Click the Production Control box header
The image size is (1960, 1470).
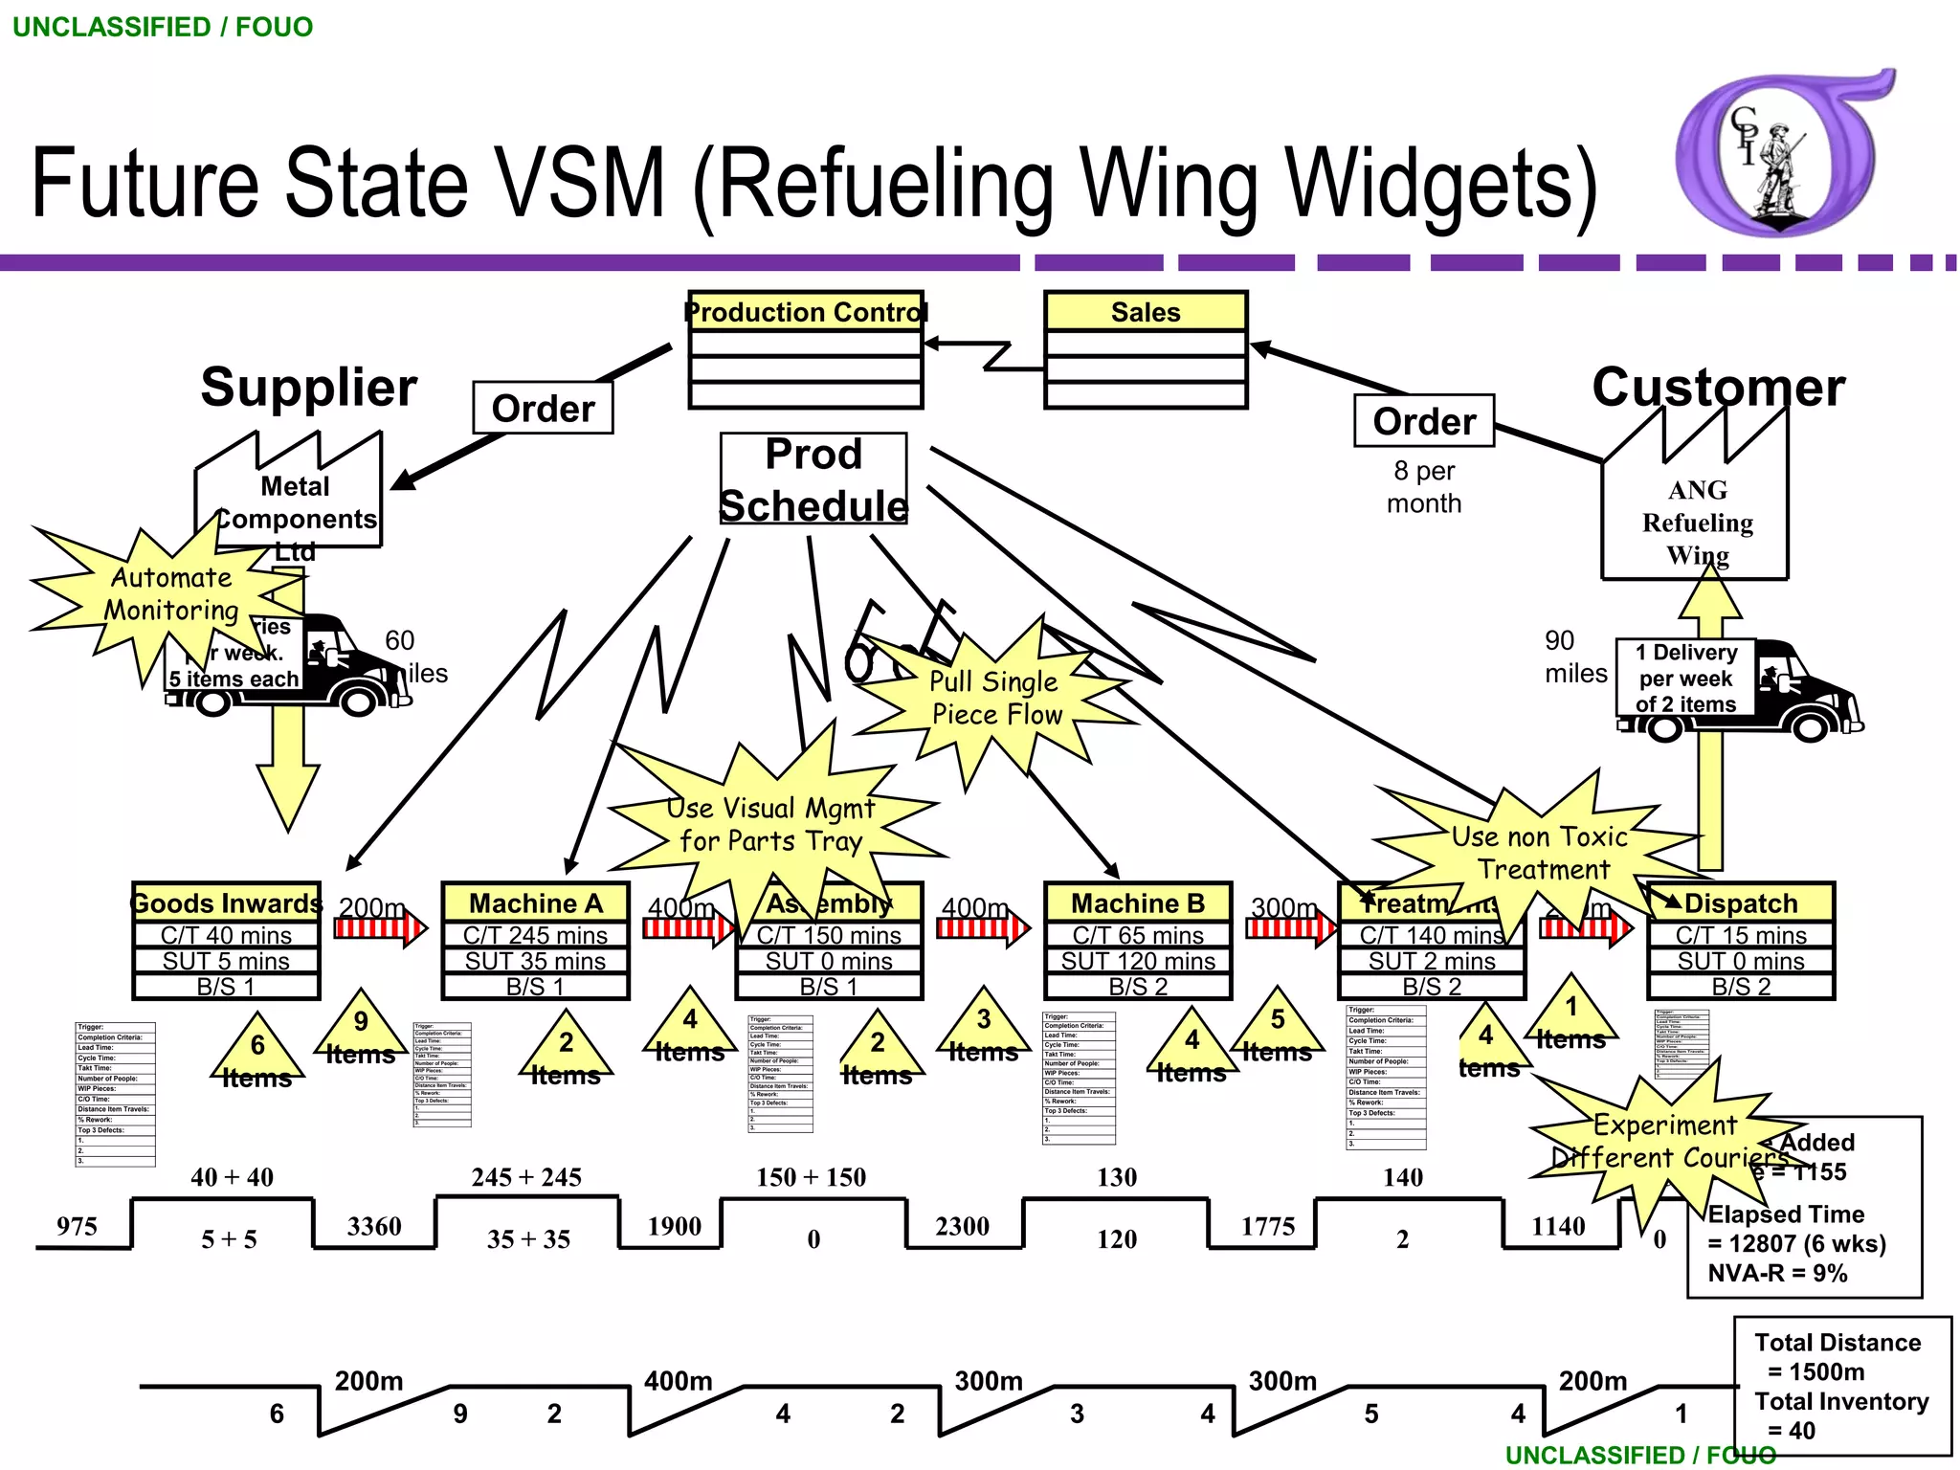pyautogui.click(x=806, y=312)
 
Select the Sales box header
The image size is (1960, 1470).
pyautogui.click(x=1146, y=312)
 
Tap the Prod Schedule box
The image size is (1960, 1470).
pyautogui.click(x=813, y=479)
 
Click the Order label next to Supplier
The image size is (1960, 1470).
pyautogui.click(x=543, y=409)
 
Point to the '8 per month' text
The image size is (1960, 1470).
pyautogui.click(x=1424, y=487)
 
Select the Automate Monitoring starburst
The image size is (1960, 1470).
pyautogui.click(x=170, y=594)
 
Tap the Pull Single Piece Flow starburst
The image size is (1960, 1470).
pyautogui.click(x=995, y=699)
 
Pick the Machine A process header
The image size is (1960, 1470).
pyautogui.click(x=535, y=903)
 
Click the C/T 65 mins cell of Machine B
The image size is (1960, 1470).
pyautogui.click(x=1138, y=935)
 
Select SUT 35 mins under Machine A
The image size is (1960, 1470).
pyautogui.click(x=535, y=961)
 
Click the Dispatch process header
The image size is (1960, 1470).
pyautogui.click(x=1740, y=903)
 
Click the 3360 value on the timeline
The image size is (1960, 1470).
pyautogui.click(x=374, y=1226)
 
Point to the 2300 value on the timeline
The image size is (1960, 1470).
pyautogui.click(x=962, y=1226)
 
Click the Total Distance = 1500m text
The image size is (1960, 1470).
pyautogui.click(x=1837, y=1357)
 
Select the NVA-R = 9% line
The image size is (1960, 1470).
pyautogui.click(x=1777, y=1274)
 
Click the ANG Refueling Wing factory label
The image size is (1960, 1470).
pyautogui.click(x=1697, y=523)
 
